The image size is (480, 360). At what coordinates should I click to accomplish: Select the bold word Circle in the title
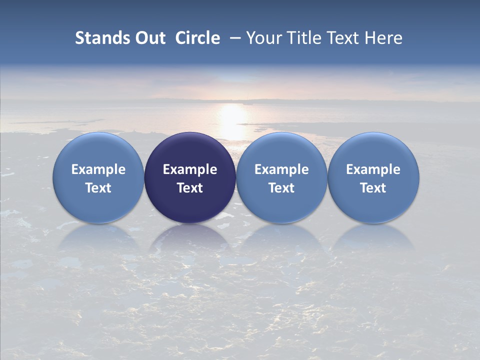(x=197, y=38)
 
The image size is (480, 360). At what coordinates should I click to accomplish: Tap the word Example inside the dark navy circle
(x=190, y=169)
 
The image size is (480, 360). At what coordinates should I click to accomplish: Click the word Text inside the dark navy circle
(x=190, y=188)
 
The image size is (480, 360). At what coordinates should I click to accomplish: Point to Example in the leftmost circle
(x=98, y=169)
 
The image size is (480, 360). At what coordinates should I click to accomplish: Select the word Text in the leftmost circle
(x=98, y=188)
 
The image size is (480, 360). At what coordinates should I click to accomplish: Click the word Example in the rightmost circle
(x=373, y=169)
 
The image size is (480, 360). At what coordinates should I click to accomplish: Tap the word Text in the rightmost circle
(x=373, y=188)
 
